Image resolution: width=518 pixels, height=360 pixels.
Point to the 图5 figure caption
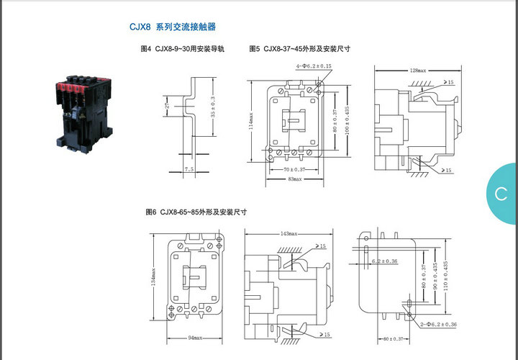coord(299,50)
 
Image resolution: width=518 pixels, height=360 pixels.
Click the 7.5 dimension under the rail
coord(189,169)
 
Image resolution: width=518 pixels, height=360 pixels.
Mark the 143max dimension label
coord(288,235)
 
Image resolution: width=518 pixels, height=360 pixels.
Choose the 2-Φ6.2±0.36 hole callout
coord(438,325)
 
